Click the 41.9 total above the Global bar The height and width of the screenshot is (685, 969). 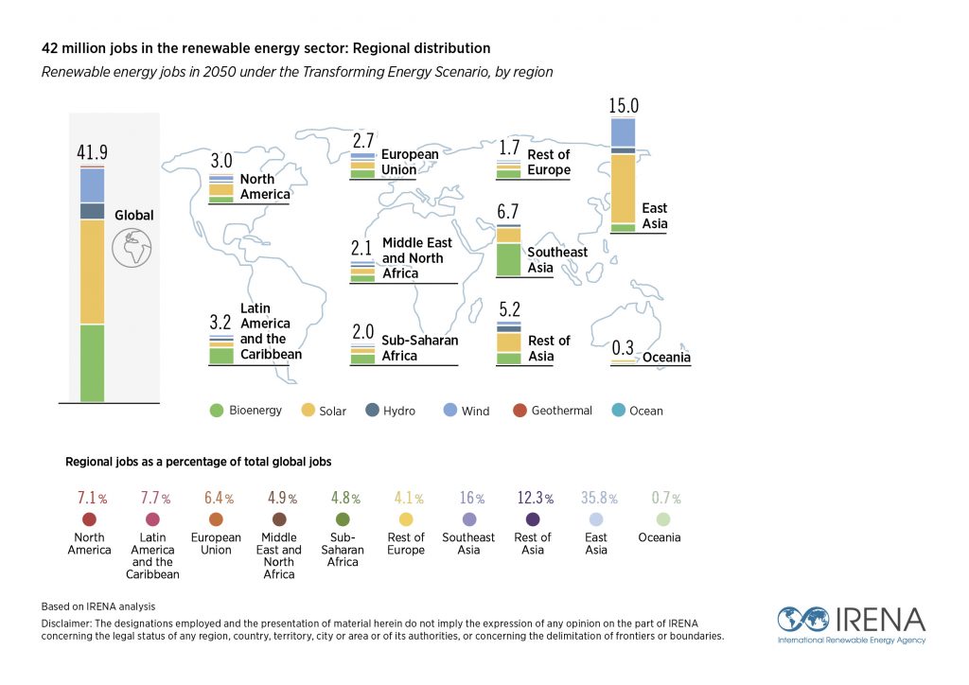coord(92,152)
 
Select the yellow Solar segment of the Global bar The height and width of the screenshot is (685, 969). coord(92,272)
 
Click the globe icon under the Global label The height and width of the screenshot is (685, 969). coord(132,248)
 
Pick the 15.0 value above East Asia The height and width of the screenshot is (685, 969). coord(625,106)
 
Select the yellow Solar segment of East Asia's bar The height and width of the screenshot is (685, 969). coord(623,188)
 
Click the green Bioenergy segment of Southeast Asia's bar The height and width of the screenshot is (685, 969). coord(509,259)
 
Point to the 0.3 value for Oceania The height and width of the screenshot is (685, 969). coord(623,346)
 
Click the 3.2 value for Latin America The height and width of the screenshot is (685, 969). coord(220,323)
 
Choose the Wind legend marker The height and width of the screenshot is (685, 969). coord(450,411)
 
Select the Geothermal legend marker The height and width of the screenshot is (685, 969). coord(519,411)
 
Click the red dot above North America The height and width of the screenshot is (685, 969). coord(89,519)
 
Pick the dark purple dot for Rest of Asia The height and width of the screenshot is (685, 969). coord(533,519)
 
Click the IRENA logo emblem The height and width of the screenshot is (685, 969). coord(802,620)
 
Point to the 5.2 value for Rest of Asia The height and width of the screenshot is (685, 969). coord(509,309)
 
